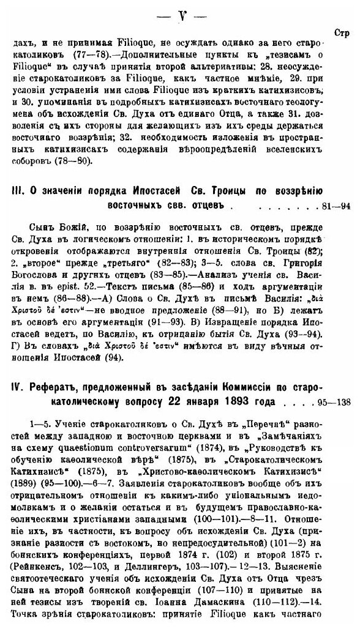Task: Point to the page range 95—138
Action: point(333,402)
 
